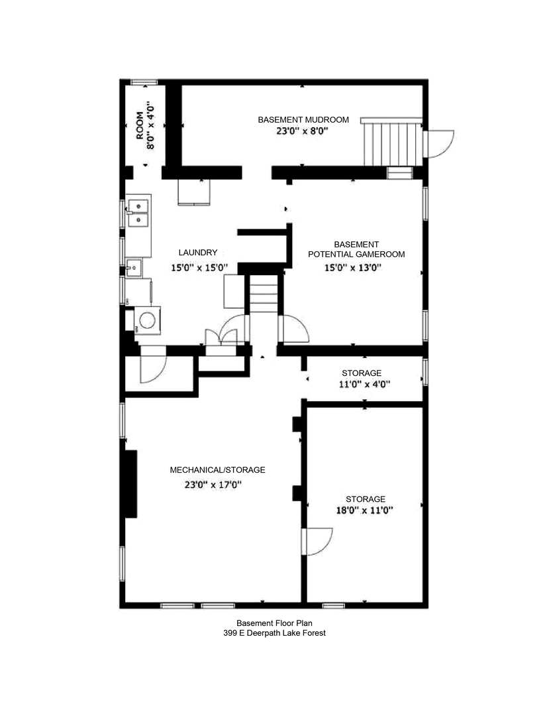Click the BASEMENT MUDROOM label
point(303,119)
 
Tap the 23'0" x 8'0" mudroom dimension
point(303,131)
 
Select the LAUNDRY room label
point(197,253)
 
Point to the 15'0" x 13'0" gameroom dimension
point(353,268)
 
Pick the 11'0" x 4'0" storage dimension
point(361,384)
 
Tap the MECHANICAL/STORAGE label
point(217,470)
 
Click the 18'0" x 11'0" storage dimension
point(365,510)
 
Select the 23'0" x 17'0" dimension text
point(213,485)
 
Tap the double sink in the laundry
point(138,212)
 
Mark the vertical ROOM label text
point(140,125)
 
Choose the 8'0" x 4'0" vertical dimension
point(150,125)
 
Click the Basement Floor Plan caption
point(274,623)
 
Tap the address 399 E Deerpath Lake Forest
point(274,633)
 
